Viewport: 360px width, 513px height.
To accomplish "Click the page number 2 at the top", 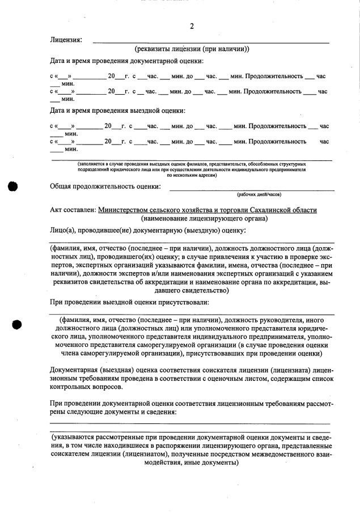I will coord(192,26).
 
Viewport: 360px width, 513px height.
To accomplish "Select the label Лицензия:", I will coord(66,40).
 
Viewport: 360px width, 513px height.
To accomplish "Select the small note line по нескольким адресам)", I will coord(192,175).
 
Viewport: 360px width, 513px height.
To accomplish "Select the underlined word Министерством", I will coord(126,210).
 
